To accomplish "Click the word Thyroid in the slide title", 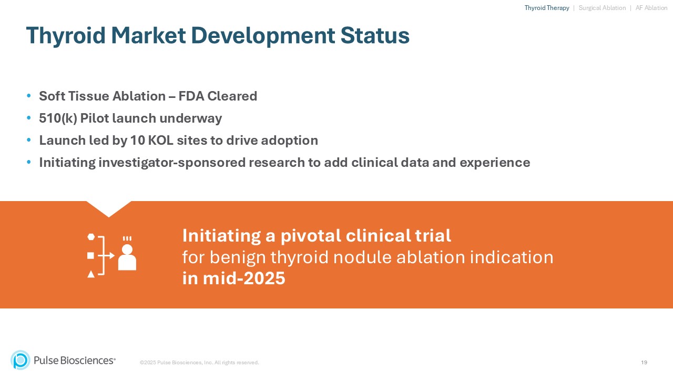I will click(66, 36).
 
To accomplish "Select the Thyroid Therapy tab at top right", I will click(547, 8).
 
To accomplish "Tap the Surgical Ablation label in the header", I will click(602, 8).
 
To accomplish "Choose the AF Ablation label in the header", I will click(651, 8).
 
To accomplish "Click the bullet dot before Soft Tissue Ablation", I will click(28, 96).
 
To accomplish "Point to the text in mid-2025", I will click(233, 278).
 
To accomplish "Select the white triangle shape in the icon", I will click(91, 274).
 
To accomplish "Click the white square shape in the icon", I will click(91, 255).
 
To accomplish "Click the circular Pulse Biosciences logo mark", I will click(21, 360).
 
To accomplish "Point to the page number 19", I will click(644, 362).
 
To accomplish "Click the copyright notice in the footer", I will click(199, 363).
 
